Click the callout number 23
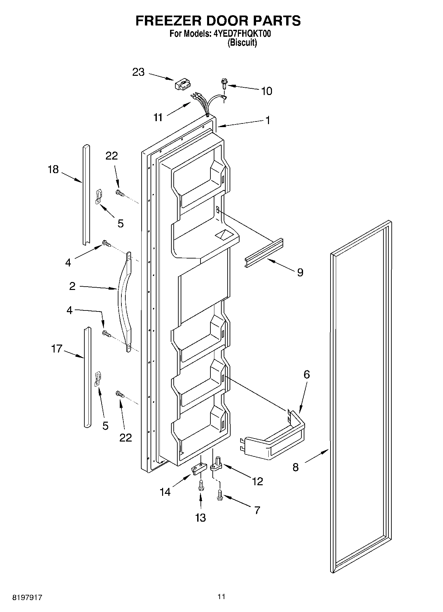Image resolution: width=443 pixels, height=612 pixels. (x=138, y=72)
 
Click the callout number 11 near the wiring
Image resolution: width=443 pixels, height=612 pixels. (x=158, y=117)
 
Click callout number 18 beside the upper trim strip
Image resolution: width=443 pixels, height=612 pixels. (x=53, y=169)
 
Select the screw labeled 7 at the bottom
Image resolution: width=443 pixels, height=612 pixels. (x=220, y=495)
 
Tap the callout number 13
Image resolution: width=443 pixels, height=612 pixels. (x=200, y=517)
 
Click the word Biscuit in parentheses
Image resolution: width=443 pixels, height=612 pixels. (x=242, y=42)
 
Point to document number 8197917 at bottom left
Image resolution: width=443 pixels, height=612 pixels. (x=27, y=598)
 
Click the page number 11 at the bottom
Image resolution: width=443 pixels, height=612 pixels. (x=221, y=596)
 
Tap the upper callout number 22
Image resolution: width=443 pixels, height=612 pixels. (x=111, y=156)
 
